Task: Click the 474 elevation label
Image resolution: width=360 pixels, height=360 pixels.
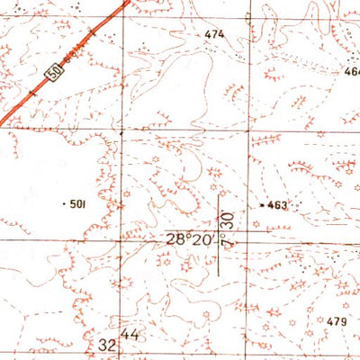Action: pos(213,34)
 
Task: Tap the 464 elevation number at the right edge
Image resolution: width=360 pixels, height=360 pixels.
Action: pos(351,70)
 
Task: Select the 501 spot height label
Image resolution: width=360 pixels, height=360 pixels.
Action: pos(77,204)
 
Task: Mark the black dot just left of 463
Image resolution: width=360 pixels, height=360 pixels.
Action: pos(262,206)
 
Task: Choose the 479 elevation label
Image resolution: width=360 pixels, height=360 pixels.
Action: pos(337,321)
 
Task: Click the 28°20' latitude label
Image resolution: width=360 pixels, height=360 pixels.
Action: pos(188,240)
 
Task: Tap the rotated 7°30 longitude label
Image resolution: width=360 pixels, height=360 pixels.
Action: pos(228,231)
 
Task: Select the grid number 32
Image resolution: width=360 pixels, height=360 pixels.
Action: pos(108,345)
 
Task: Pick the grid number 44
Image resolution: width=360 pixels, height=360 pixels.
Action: pos(133,335)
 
